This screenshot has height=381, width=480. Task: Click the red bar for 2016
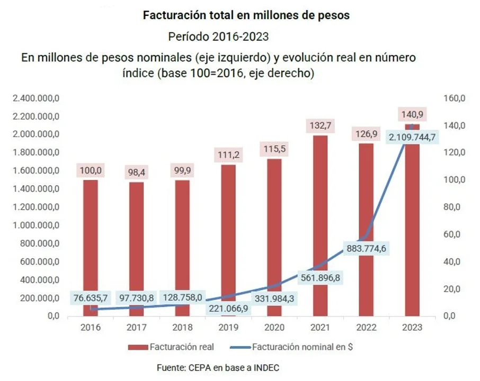(x=90, y=238)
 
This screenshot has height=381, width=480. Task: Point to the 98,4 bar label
(x=136, y=173)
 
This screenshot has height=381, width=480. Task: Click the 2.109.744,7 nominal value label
(x=412, y=138)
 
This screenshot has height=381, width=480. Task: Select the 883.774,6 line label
(x=366, y=248)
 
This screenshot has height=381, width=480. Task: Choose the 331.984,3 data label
(x=274, y=298)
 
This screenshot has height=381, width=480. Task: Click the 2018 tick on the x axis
(x=182, y=327)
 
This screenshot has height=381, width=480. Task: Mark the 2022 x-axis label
(x=366, y=327)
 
